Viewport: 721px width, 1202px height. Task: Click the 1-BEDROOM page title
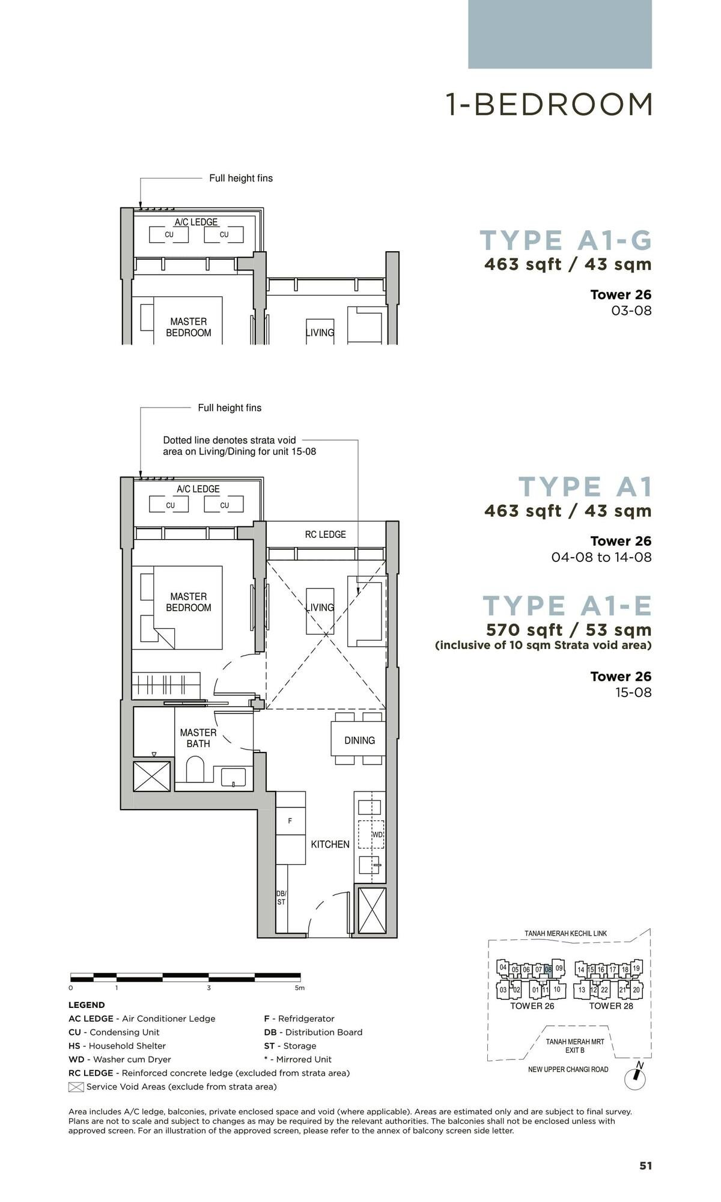(x=549, y=105)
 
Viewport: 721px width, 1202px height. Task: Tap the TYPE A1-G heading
(x=566, y=240)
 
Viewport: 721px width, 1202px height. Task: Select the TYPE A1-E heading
(x=567, y=606)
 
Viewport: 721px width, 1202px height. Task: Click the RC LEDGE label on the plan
(x=325, y=534)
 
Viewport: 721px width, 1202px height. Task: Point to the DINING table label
(x=359, y=740)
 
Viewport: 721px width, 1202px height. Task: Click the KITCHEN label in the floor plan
(x=330, y=844)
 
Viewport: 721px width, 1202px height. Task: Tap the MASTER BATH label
(x=198, y=738)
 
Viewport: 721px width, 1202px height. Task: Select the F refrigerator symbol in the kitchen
(x=290, y=821)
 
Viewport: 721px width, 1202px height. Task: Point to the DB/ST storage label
(x=281, y=898)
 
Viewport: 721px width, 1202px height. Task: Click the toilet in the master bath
(x=196, y=770)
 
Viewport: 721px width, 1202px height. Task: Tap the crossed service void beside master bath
(x=151, y=776)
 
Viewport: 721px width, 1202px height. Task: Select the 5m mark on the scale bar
(x=299, y=987)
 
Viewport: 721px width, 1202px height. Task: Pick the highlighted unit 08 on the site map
(x=548, y=969)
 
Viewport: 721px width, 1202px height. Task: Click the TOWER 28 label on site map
(x=610, y=1006)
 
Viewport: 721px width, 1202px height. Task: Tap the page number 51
(x=645, y=1165)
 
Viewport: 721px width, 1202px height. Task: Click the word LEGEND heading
(x=87, y=1005)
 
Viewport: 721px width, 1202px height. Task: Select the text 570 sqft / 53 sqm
(x=568, y=630)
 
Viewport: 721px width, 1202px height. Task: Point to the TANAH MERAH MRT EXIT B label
(x=574, y=1046)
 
